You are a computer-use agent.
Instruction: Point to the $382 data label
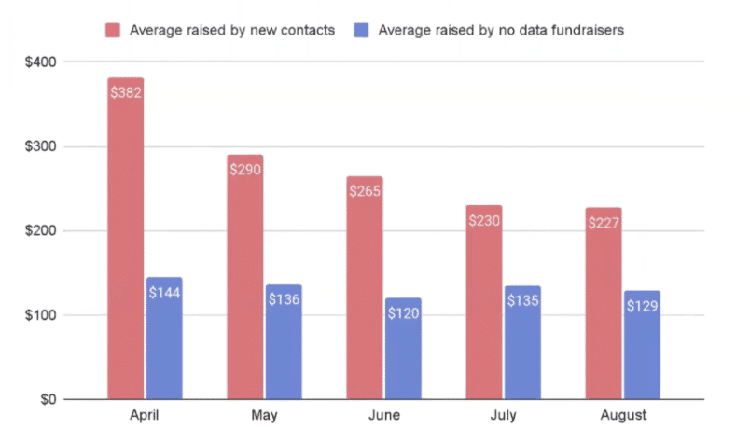125,92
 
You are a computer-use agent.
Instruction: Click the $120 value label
403,313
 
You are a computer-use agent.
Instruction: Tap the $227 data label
604,223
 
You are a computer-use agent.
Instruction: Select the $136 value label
284,300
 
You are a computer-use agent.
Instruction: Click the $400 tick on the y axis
42,62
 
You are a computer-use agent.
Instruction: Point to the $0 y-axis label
49,400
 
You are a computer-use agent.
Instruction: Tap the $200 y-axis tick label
42,231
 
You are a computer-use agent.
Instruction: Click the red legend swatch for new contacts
115,30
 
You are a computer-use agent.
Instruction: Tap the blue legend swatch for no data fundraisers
363,30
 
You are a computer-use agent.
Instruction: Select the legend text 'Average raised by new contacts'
231,30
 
